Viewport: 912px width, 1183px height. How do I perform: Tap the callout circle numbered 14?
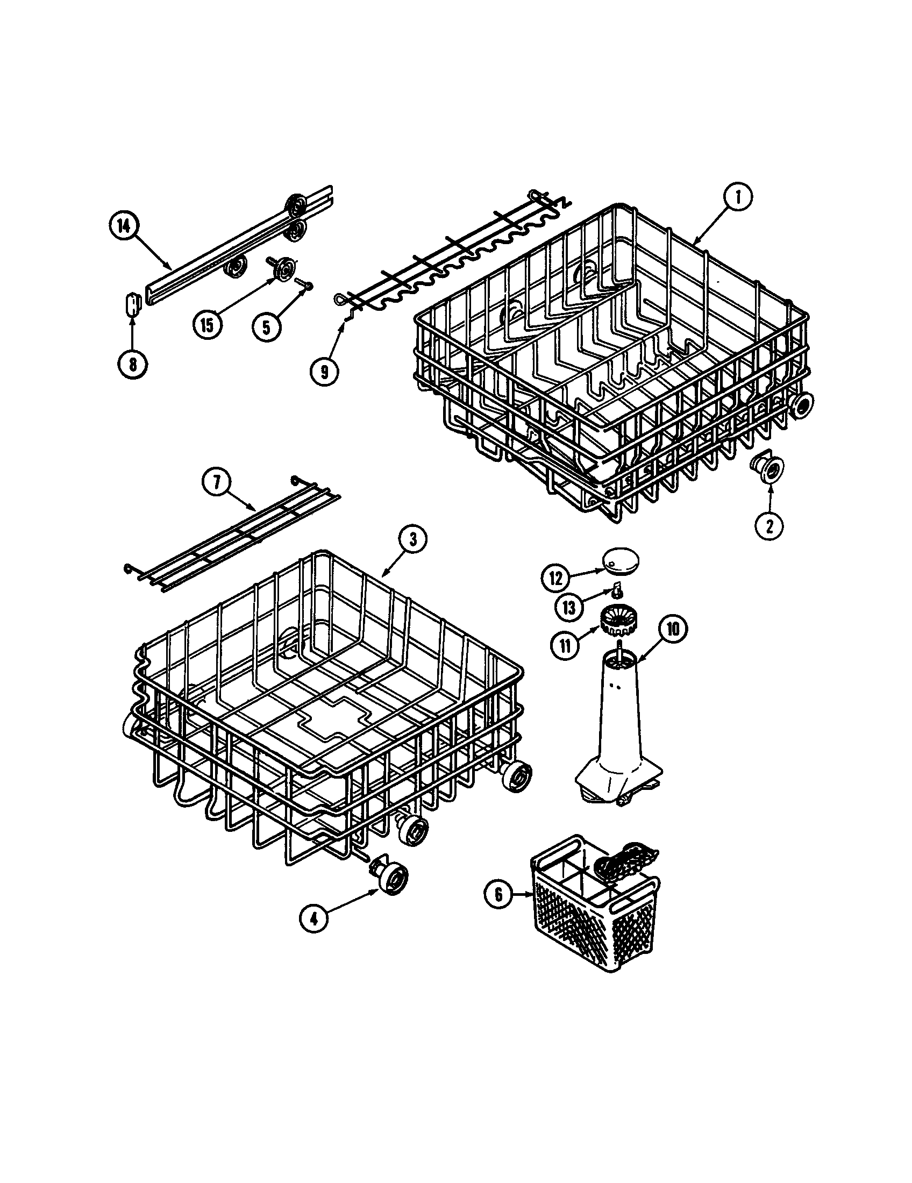tap(124, 227)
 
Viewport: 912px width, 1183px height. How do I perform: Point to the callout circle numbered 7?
tap(217, 482)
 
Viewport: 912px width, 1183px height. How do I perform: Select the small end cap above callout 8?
tap(132, 303)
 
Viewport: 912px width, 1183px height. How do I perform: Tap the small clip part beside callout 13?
tap(616, 588)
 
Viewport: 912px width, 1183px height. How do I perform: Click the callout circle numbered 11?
tap(565, 647)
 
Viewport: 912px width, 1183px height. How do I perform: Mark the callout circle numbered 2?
tap(769, 524)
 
